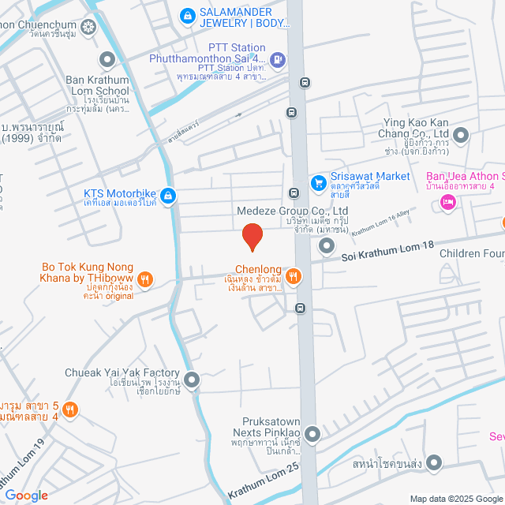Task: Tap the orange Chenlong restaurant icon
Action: coord(293,275)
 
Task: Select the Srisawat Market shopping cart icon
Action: coord(318,183)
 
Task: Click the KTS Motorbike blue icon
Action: coord(168,195)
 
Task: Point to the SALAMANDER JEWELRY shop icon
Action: coord(186,13)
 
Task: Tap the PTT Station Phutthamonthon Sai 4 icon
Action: coord(277,58)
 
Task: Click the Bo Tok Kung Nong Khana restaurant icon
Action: coord(144,278)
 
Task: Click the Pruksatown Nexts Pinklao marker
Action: coord(313,433)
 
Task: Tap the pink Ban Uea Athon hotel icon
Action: coord(447,203)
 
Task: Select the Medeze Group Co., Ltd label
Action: coord(292,211)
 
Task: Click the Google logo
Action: coord(26,495)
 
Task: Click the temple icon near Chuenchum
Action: coord(87,28)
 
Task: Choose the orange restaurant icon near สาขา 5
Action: coord(70,409)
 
